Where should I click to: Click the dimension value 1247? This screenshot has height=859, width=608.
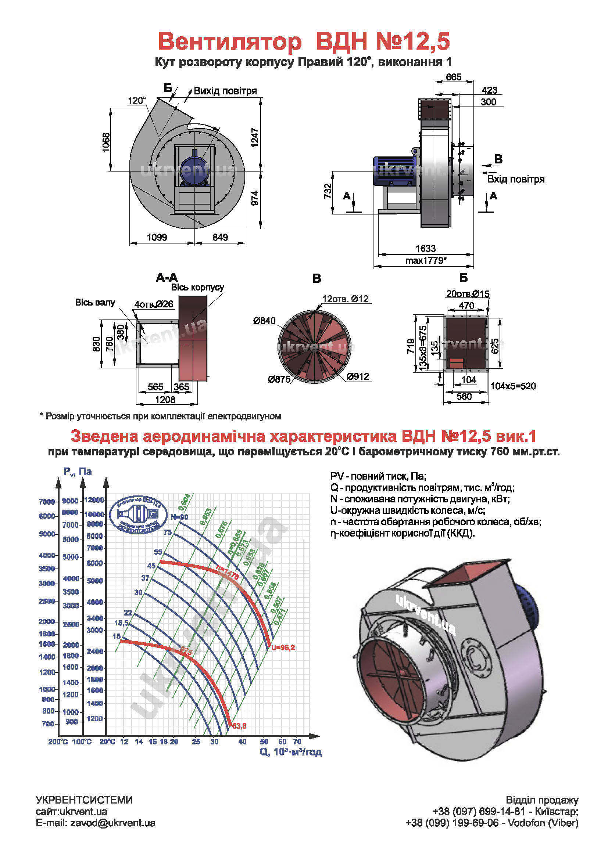click(x=255, y=137)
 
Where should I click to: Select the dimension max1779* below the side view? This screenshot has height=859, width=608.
click(x=426, y=260)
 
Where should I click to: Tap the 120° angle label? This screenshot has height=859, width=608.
click(x=137, y=101)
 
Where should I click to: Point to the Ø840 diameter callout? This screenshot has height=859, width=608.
click(x=264, y=321)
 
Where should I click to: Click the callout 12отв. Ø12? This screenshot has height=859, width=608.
click(x=345, y=299)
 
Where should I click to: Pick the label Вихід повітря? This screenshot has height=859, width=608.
click(x=225, y=91)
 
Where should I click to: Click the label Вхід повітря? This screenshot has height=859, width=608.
click(x=515, y=179)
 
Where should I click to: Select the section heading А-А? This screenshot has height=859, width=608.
click(x=167, y=278)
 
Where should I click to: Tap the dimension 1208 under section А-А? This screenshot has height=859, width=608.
click(x=165, y=400)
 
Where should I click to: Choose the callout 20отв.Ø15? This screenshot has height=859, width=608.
click(x=468, y=294)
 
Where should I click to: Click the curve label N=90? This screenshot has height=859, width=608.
click(x=179, y=517)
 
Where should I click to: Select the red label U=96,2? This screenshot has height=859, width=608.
click(x=283, y=647)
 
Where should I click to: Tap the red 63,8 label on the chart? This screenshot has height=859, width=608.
click(x=239, y=726)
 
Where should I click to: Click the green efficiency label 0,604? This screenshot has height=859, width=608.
click(x=184, y=502)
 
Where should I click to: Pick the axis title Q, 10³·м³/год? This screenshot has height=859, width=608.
click(x=290, y=752)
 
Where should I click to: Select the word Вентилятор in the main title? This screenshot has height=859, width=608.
click(x=229, y=41)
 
